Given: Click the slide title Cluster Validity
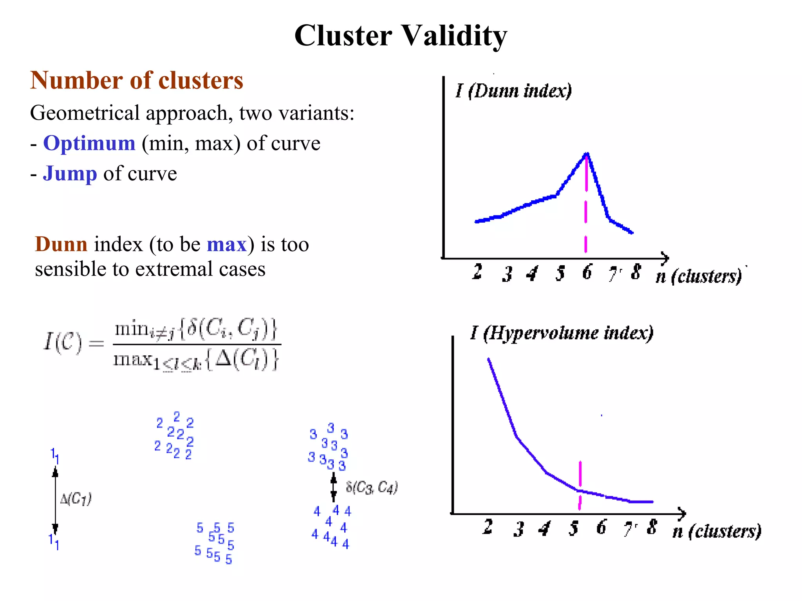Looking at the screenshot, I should (401, 36).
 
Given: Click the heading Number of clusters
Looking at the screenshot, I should (137, 81).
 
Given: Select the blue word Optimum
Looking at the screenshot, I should (89, 143).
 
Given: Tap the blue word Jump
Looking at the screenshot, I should (70, 173).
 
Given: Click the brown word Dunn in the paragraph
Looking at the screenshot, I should (61, 244).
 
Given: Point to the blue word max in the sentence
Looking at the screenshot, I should (226, 245).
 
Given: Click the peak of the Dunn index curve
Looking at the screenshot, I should (586, 154).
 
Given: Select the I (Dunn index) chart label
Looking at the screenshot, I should (513, 91).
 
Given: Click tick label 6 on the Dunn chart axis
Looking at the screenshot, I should (587, 272).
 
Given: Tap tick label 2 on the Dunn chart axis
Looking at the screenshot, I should (477, 271).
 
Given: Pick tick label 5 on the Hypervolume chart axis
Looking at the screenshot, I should (574, 528).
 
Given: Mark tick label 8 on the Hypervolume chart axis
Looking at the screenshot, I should (652, 527).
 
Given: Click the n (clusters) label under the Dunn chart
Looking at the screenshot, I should (699, 276).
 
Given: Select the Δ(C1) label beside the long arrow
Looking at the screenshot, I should (76, 499).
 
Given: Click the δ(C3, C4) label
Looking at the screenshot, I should (372, 488).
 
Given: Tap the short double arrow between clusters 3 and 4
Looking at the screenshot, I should (333, 487).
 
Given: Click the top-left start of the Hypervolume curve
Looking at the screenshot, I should (489, 359).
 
